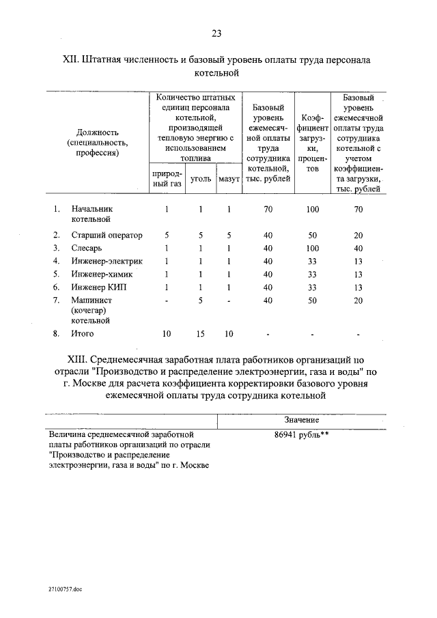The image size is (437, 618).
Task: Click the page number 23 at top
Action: [x=216, y=33]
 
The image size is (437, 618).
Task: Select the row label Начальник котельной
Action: [x=91, y=214]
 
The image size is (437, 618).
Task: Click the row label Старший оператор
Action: [x=107, y=235]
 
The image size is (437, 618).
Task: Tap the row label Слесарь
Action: [x=87, y=248]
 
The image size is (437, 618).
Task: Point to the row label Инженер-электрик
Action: [x=107, y=261]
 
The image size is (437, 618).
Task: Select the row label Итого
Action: [x=83, y=334]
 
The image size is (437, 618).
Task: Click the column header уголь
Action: [x=200, y=179]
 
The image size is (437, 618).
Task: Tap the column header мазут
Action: [x=229, y=179]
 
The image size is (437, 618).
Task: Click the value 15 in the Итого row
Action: [x=200, y=334]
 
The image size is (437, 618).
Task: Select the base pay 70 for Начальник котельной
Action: [x=268, y=209]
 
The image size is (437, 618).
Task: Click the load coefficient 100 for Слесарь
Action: [x=311, y=248]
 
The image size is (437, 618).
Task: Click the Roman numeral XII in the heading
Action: [x=71, y=60]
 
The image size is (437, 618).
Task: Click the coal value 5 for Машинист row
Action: [x=200, y=300]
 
